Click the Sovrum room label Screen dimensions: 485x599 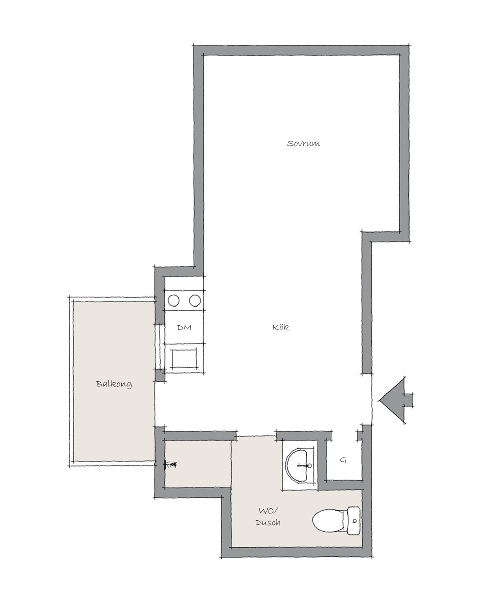(x=303, y=144)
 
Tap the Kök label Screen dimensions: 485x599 (x=281, y=327)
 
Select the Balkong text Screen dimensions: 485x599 (x=114, y=384)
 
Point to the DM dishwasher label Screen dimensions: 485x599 (x=184, y=327)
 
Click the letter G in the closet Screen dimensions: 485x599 (x=343, y=460)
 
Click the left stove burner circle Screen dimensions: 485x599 (x=173, y=301)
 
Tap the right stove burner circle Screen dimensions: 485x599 (x=195, y=301)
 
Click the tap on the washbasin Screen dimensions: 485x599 (x=306, y=465)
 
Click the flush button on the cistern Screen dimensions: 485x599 (x=355, y=521)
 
